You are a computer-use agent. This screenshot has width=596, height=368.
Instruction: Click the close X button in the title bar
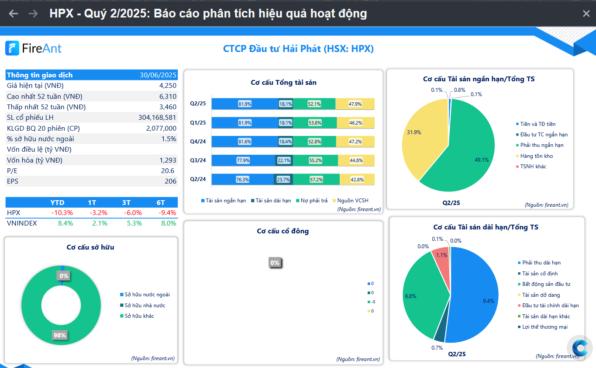point(586,14)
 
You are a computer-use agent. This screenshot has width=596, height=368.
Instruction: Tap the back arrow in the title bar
point(14,14)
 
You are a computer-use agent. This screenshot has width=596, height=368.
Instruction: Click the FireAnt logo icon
point(12,48)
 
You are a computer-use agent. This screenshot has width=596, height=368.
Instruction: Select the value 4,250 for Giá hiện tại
point(168,86)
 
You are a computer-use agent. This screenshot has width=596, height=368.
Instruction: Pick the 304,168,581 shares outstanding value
point(157,118)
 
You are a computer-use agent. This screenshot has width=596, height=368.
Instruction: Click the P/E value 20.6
point(168,171)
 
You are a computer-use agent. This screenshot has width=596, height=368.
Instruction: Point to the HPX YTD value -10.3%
point(62,213)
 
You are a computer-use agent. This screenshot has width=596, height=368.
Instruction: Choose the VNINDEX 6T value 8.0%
point(168,223)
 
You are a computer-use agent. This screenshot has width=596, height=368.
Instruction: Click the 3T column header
point(126,203)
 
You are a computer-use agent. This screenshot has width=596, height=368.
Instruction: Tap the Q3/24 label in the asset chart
point(198,160)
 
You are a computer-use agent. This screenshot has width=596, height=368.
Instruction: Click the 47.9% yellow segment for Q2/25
point(355,104)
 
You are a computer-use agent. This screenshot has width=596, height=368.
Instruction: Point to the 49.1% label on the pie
point(482,160)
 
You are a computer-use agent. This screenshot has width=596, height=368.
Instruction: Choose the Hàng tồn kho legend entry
point(536,156)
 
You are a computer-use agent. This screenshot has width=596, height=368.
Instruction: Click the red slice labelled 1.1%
point(440,258)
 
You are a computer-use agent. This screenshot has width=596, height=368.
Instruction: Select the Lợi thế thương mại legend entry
point(544,327)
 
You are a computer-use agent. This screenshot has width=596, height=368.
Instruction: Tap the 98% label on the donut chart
point(60,335)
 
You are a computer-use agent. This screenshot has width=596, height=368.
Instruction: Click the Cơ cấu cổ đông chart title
point(282,231)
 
